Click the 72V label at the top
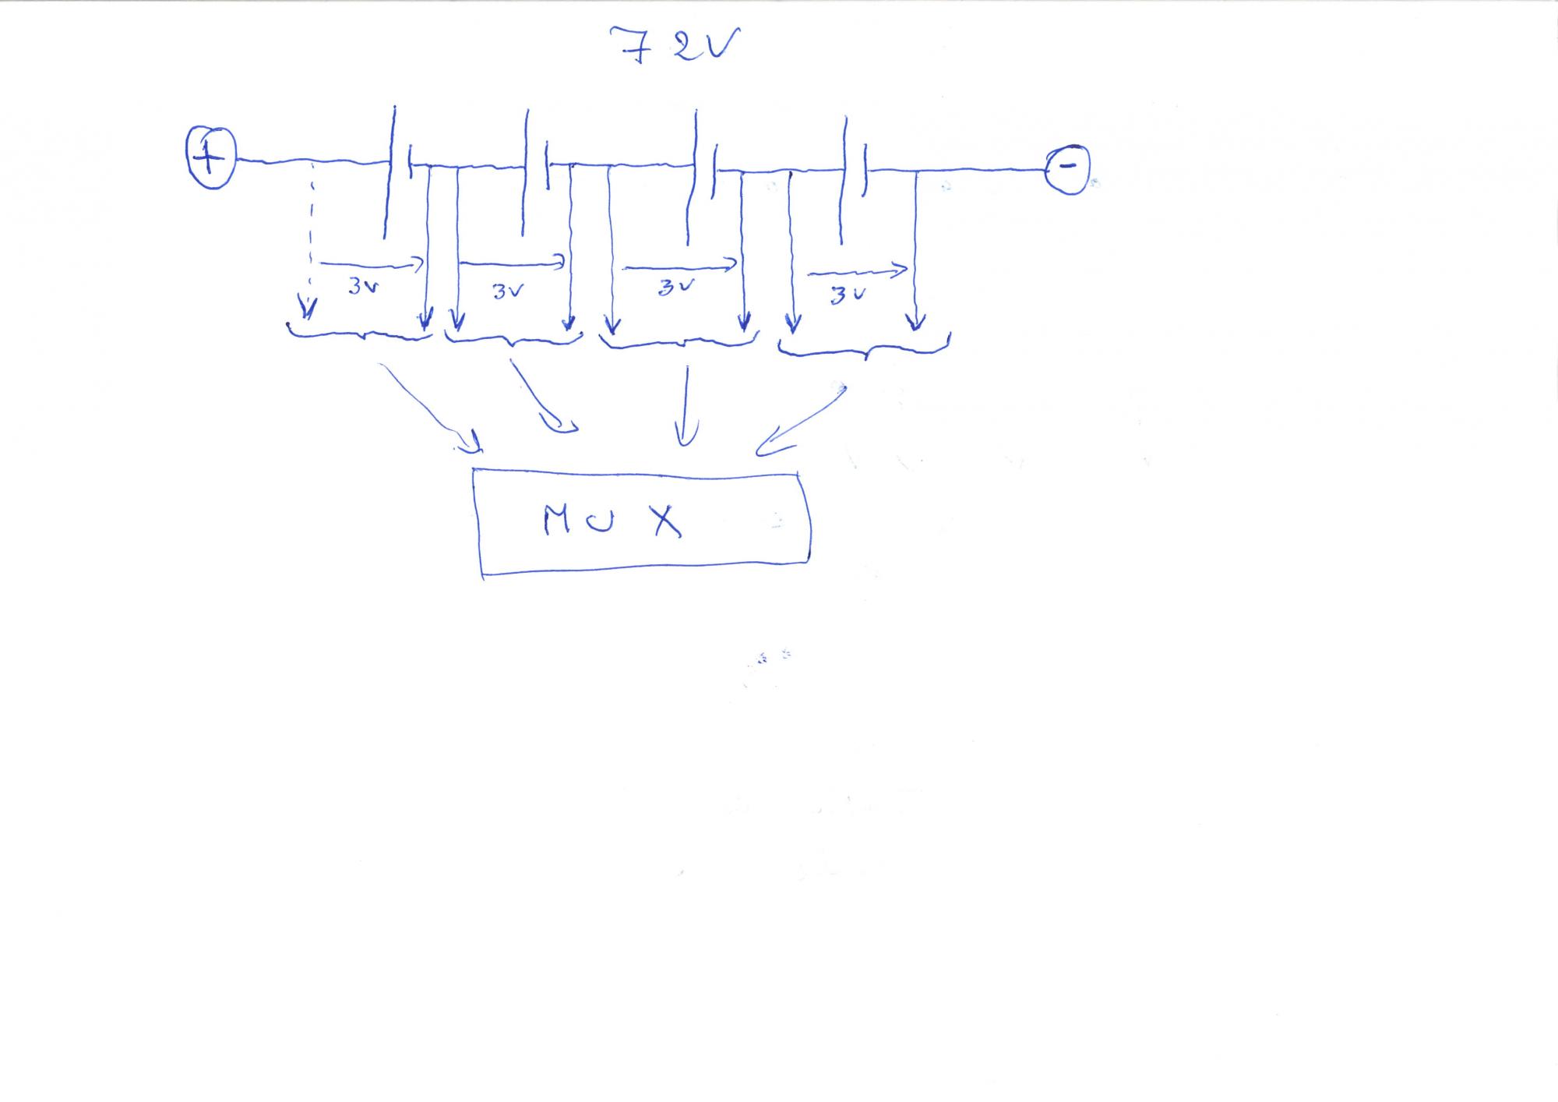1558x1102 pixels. tap(675, 45)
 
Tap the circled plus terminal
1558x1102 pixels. tap(210, 158)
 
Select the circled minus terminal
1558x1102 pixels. tap(1068, 167)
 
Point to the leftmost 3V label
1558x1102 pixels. tap(363, 286)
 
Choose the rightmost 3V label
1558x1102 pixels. tap(847, 295)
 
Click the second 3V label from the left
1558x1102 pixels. tap(508, 291)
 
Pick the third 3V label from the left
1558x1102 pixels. tap(675, 287)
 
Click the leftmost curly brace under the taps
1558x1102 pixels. tap(360, 334)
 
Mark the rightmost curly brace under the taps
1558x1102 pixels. tap(865, 350)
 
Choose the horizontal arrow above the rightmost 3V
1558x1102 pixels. tap(858, 272)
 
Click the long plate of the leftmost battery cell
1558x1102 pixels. tap(389, 171)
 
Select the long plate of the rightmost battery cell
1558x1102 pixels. tap(843, 179)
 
